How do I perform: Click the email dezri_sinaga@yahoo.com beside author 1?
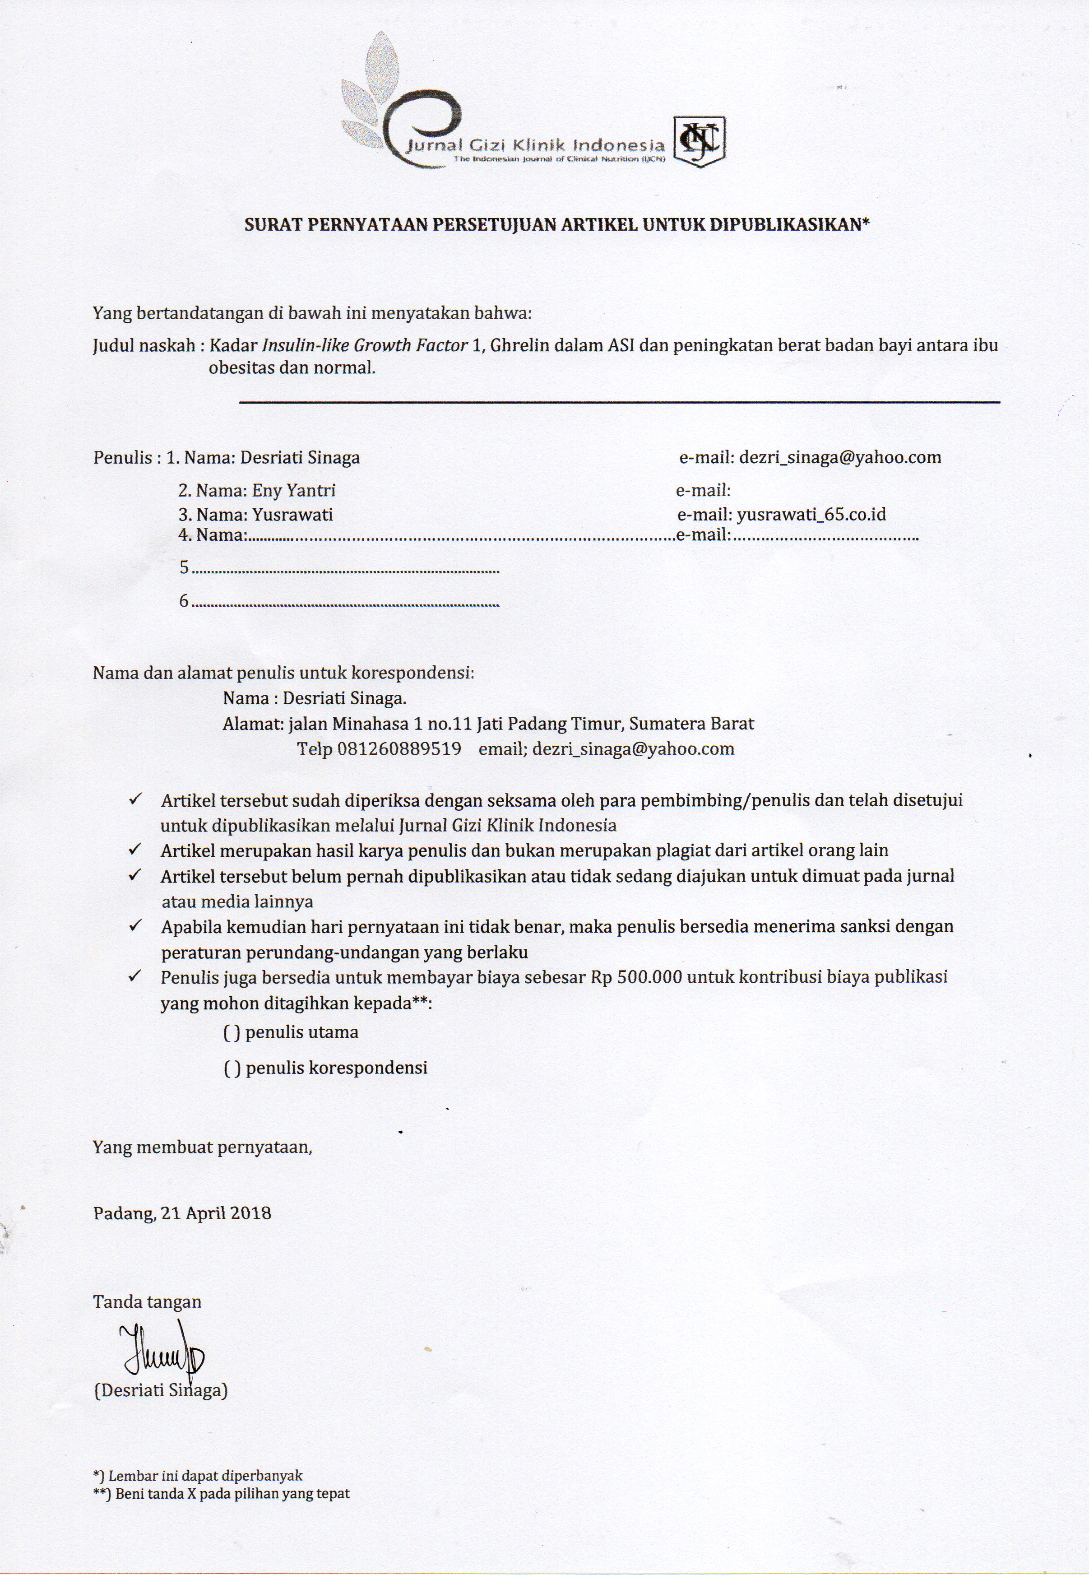tap(840, 457)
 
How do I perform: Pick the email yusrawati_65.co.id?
tap(811, 515)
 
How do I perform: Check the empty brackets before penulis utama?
tap(232, 1032)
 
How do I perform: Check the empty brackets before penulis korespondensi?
tap(232, 1068)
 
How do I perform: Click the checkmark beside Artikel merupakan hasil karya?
tap(134, 850)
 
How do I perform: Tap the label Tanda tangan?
tap(148, 1302)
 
